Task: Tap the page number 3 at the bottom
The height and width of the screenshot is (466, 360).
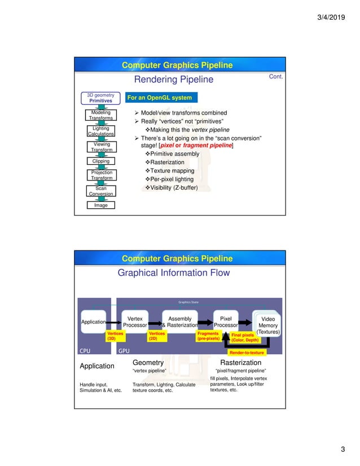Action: (x=343, y=449)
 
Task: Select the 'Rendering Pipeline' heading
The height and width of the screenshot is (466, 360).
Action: (x=174, y=80)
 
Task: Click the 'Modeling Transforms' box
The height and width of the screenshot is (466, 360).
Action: (x=100, y=116)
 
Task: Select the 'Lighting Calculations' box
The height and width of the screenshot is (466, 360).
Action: (x=100, y=131)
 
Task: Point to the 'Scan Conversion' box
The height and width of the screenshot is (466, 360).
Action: (x=100, y=191)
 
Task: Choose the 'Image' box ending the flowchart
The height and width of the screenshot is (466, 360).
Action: (x=100, y=205)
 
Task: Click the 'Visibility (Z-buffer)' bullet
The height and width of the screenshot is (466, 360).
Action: (x=172, y=187)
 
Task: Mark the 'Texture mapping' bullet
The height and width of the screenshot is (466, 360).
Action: (x=170, y=170)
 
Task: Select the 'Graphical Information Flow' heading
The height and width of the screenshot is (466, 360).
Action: (x=173, y=273)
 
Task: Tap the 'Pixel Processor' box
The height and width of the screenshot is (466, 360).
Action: (x=226, y=322)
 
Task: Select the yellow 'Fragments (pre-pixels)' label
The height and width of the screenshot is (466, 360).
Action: (x=208, y=336)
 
